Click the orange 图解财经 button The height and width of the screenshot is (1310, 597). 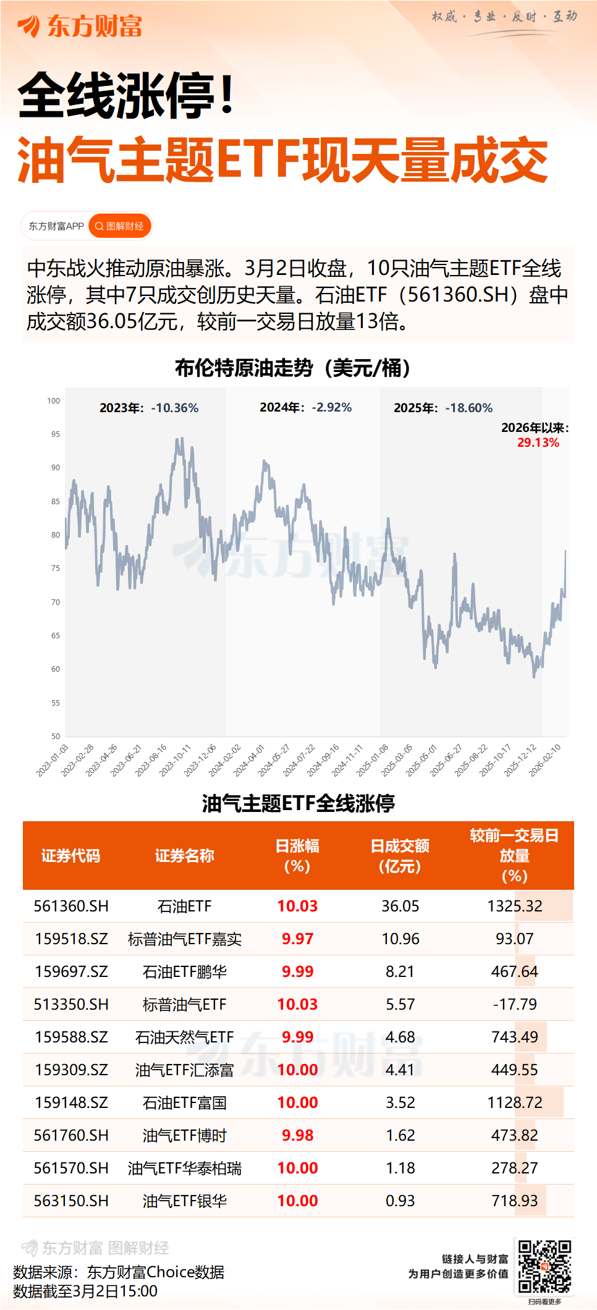point(120,226)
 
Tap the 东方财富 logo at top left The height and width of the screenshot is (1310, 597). point(80,27)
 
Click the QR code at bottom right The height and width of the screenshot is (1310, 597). point(544,1267)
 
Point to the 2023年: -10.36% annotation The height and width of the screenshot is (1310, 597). point(149,408)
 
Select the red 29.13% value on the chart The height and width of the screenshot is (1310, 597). point(538,442)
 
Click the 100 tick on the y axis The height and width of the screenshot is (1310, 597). point(54,401)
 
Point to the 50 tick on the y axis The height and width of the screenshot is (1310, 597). point(56,736)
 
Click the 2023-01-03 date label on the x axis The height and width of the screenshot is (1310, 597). point(53,760)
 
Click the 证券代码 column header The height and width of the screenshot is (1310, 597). point(70,856)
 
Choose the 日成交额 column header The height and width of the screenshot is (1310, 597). point(400,856)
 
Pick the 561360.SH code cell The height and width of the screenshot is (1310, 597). point(71,906)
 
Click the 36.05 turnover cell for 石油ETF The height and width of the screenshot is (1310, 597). point(400,906)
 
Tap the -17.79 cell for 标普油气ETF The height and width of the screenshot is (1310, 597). point(514,1005)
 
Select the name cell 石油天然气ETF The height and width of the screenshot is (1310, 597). point(184,1037)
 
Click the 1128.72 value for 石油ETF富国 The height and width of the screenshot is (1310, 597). point(514,1103)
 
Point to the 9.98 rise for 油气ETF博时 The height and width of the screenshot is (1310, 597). point(297,1136)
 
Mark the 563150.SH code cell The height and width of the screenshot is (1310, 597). point(71,1201)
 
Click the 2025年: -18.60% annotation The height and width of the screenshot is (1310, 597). point(443,408)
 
